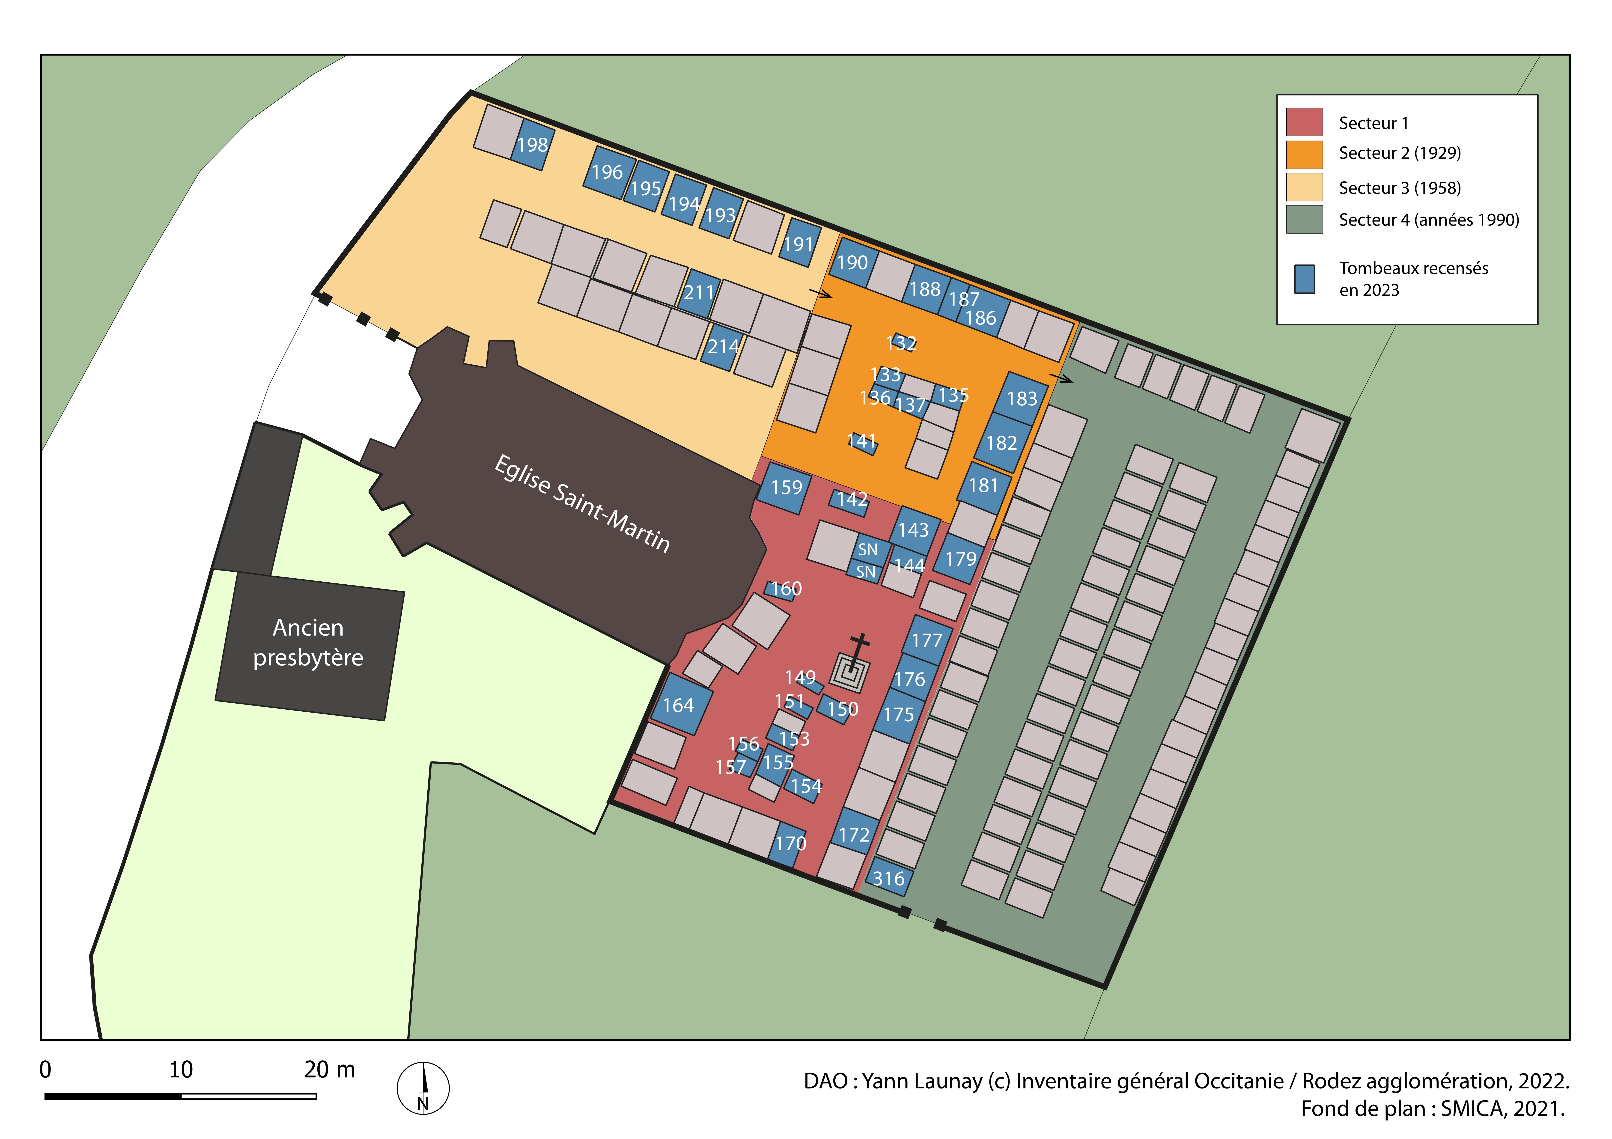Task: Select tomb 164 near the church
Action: [678, 705]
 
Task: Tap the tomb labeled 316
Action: [889, 879]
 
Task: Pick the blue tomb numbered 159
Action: [785, 488]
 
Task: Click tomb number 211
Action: [699, 293]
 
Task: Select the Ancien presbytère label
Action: [308, 642]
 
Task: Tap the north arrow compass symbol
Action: [423, 1088]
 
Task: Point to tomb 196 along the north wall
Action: [608, 172]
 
